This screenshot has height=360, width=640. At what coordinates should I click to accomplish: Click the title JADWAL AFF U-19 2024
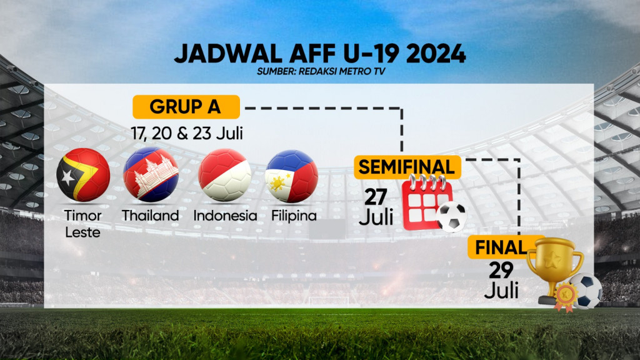[x=319, y=54]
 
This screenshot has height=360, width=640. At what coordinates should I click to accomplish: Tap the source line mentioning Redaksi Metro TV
[x=319, y=72]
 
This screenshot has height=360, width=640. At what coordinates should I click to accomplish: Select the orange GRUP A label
[x=186, y=107]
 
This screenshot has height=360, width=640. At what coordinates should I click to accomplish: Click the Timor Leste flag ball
[x=83, y=174]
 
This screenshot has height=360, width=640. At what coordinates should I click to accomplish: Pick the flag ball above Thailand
[x=151, y=174]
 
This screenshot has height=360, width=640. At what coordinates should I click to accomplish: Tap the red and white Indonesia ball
[x=225, y=174]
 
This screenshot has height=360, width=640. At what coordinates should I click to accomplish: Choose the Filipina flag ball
[x=292, y=176]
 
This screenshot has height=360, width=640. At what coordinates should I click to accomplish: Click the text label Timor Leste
[x=82, y=224]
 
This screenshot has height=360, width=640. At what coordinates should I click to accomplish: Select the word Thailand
[x=150, y=216]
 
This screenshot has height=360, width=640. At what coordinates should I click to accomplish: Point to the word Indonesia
[x=225, y=216]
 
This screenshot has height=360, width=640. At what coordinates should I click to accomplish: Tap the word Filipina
[x=294, y=216]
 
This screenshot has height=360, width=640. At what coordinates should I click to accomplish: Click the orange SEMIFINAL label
[x=407, y=167]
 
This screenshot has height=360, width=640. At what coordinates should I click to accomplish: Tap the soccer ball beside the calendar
[x=452, y=217]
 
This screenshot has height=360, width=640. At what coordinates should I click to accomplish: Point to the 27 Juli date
[x=376, y=207]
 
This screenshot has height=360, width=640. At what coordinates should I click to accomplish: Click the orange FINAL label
[x=501, y=247]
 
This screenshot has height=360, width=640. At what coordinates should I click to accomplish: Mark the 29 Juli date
[x=501, y=280]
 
